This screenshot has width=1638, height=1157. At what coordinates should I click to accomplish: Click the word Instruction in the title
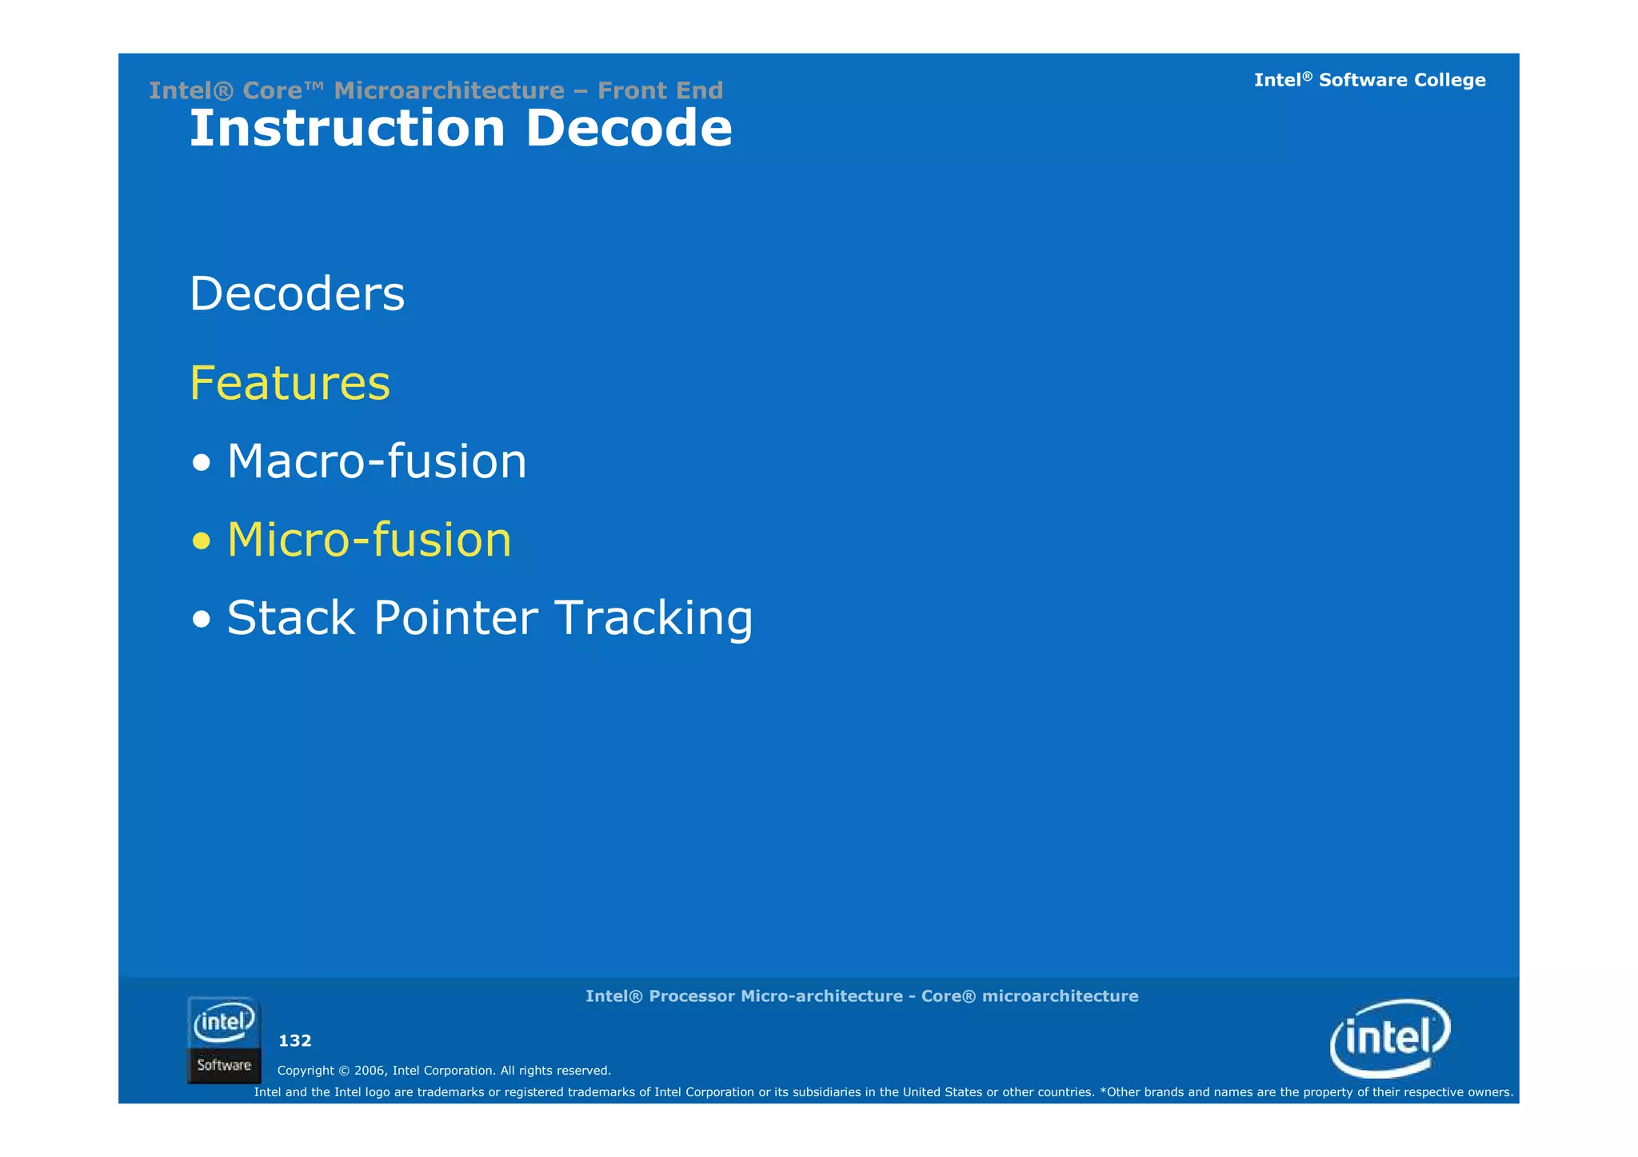click(347, 129)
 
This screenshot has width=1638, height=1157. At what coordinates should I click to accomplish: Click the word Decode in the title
click(629, 129)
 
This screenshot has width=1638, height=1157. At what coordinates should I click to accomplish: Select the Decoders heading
click(297, 293)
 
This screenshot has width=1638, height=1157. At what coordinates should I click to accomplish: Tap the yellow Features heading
click(290, 383)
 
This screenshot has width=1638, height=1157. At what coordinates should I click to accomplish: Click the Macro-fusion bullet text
click(377, 461)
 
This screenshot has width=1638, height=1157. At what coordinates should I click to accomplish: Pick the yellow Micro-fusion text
click(369, 540)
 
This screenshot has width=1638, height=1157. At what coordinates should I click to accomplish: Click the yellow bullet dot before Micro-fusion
click(202, 541)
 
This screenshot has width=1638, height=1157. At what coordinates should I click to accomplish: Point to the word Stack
click(291, 618)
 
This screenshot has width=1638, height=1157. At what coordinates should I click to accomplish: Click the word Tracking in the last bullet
click(653, 618)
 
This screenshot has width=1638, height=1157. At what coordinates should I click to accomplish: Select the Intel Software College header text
click(1369, 80)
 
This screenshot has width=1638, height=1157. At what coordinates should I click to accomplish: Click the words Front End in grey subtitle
click(660, 90)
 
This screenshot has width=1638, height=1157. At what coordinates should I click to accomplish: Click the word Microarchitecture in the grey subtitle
click(449, 90)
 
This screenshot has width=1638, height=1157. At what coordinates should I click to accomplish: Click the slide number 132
click(294, 1040)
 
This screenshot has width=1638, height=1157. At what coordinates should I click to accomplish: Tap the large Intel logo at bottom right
click(1390, 1038)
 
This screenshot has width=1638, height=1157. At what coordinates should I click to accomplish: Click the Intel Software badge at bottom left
click(224, 1039)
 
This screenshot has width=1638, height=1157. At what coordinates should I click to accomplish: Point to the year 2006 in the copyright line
click(370, 1071)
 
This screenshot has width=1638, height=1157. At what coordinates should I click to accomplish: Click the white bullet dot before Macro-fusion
click(202, 463)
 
